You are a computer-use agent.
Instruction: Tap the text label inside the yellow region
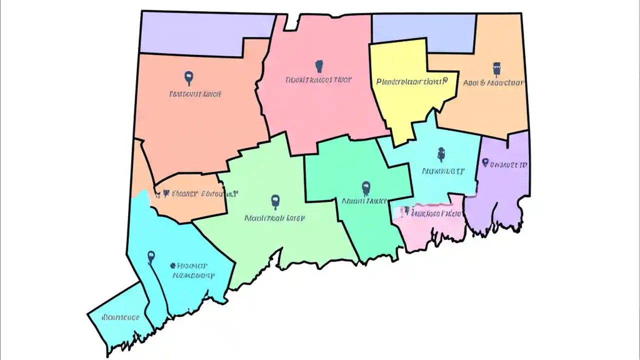point(410,80)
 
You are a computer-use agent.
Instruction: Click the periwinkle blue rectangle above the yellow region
point(423,28)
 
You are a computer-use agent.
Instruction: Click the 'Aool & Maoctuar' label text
point(493,83)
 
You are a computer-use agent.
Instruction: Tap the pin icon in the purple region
point(484,162)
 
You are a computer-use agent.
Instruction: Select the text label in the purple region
point(508,164)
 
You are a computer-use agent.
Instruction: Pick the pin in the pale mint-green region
point(274,201)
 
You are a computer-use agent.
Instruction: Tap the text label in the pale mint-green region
point(274,218)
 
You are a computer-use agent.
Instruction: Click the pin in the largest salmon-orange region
point(188,77)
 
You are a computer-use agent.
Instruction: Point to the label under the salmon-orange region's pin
point(195,93)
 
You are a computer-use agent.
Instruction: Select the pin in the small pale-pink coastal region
point(406,211)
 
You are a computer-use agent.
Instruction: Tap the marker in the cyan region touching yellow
point(440,154)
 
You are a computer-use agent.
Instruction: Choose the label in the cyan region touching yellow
point(443,171)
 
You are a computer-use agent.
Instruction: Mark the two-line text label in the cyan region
point(192,270)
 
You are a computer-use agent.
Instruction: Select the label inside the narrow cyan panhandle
point(120,317)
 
